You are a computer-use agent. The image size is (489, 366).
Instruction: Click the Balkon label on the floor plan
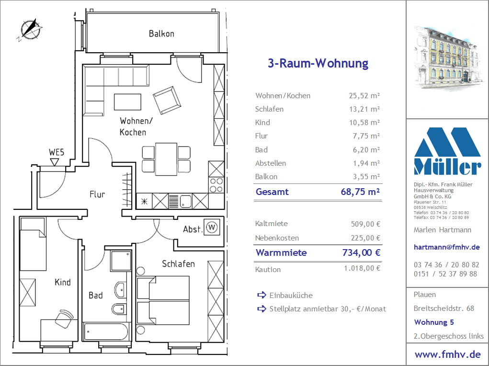[x=161, y=34]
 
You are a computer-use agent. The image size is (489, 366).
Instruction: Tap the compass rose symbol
[x=30, y=30]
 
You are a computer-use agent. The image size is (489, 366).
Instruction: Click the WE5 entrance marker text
[x=57, y=152]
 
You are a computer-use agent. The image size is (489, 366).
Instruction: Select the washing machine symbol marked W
[x=212, y=227]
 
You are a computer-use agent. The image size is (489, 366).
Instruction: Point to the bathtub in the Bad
[x=106, y=332]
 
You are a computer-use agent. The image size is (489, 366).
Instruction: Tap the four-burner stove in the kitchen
[x=216, y=185]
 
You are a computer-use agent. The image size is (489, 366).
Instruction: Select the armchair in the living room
[x=167, y=100]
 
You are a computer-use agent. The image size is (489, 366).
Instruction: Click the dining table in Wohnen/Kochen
[x=166, y=159]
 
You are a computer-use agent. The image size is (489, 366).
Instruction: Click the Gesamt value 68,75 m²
[x=360, y=192]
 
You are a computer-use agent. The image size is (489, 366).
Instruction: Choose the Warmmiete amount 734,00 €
[x=362, y=252]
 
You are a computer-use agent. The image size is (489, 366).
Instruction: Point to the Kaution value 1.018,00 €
[x=362, y=268]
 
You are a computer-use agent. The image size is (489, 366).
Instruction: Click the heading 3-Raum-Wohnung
[x=318, y=63]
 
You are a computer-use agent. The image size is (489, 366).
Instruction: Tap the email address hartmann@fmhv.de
[x=446, y=247]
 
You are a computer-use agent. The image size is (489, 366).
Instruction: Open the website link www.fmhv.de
[x=447, y=355]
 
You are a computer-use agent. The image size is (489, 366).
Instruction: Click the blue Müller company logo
[x=447, y=151]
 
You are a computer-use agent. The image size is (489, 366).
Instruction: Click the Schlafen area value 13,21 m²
[x=364, y=109]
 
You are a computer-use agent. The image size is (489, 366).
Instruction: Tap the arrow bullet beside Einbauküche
[x=262, y=295]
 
